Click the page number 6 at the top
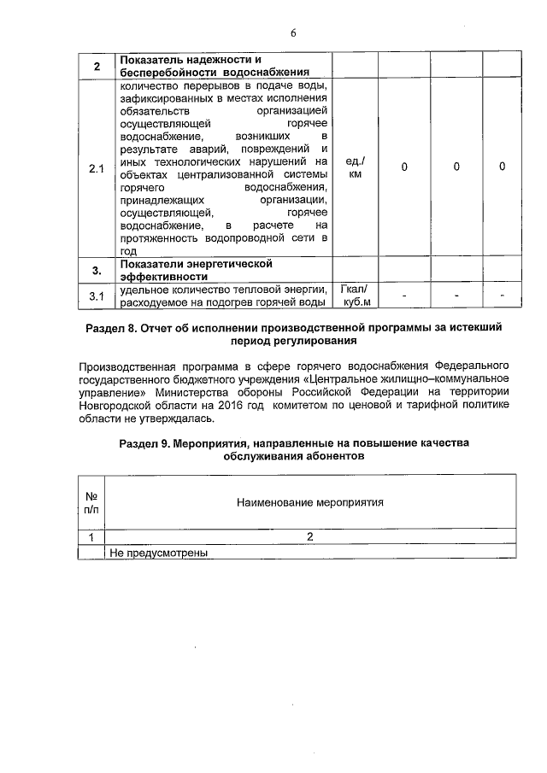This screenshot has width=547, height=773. [292, 32]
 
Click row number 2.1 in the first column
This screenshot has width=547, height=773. [97, 169]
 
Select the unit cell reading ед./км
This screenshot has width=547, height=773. [355, 167]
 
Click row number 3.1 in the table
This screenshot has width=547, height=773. [97, 296]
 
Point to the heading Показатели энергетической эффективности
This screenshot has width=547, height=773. [197, 270]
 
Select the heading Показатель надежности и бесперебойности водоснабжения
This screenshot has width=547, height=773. [213, 66]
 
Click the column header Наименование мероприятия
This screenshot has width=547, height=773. [309, 502]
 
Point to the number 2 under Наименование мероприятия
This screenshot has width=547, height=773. [310, 536]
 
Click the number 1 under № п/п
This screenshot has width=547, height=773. [91, 536]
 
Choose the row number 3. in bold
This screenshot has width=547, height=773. [97, 271]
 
